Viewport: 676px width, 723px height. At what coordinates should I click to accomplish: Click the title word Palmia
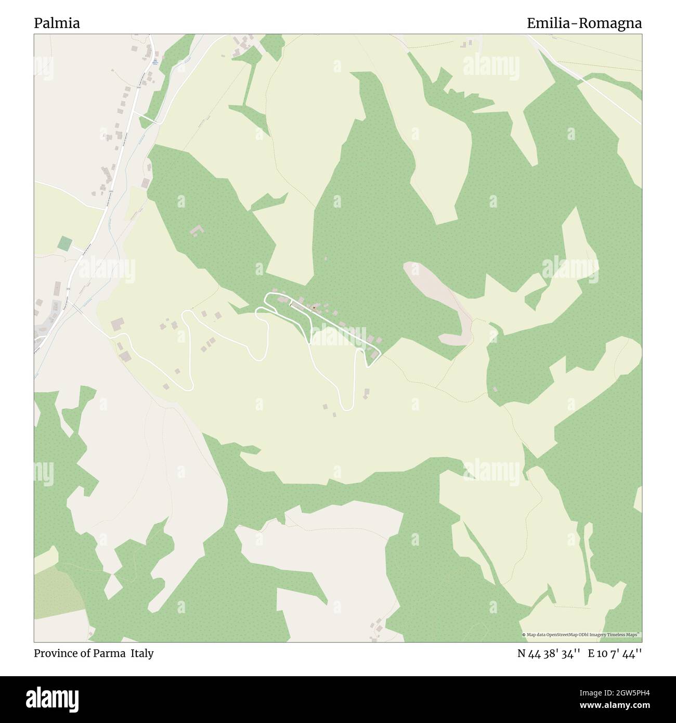pyautogui.click(x=57, y=23)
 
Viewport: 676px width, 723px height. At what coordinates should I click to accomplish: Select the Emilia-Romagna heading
pyautogui.click(x=584, y=23)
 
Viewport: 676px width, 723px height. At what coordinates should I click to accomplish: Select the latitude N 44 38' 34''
pyautogui.click(x=549, y=654)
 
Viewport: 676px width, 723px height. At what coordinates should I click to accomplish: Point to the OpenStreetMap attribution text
pyautogui.click(x=581, y=635)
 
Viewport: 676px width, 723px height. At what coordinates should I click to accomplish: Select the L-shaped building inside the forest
pyautogui.click(x=197, y=230)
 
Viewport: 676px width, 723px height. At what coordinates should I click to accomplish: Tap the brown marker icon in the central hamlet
pyautogui.click(x=315, y=308)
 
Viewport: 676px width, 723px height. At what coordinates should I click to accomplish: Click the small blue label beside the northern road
pyautogui.click(x=155, y=61)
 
